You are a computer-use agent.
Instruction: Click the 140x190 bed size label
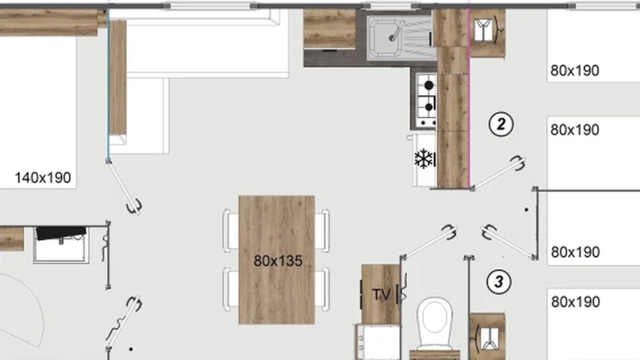[x=43, y=177]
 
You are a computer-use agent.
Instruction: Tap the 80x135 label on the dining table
[x=277, y=261]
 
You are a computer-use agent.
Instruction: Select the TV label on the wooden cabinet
[x=381, y=294]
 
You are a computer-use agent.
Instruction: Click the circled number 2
[x=501, y=124]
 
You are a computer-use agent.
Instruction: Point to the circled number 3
[x=498, y=281]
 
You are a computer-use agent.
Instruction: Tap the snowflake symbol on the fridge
[x=423, y=158]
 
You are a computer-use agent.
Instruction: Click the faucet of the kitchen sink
[x=397, y=31]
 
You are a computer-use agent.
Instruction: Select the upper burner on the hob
[x=428, y=85]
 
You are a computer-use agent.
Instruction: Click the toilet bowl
[x=434, y=322]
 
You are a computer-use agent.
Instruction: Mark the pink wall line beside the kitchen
[x=469, y=98]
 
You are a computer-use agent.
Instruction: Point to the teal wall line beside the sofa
[x=108, y=85]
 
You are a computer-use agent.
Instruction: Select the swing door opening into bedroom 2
[x=498, y=173]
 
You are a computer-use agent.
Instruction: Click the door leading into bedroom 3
[x=507, y=242]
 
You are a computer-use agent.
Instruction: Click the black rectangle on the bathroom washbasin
[x=61, y=232]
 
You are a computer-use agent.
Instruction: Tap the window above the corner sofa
[x=210, y=5]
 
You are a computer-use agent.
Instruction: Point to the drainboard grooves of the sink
[x=418, y=37]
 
